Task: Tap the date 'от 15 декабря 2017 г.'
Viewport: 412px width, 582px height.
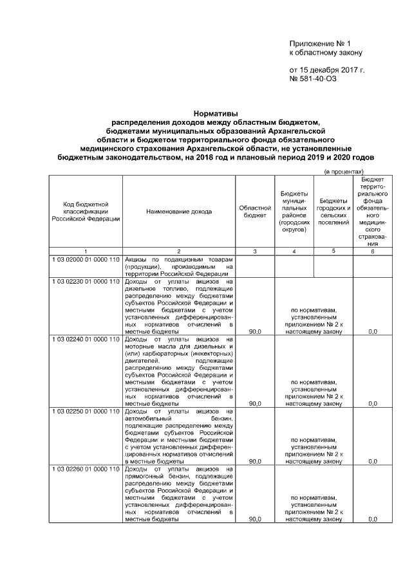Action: tap(326, 69)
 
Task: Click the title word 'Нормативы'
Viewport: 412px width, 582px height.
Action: tap(206, 112)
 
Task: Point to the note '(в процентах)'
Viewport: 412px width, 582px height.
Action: tap(344, 172)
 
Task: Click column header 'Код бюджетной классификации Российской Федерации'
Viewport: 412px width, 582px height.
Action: tap(86, 211)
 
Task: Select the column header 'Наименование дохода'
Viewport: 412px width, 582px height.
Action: tap(178, 211)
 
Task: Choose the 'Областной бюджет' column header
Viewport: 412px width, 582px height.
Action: tap(255, 211)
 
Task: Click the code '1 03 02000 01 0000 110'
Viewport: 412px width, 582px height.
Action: tap(86, 258)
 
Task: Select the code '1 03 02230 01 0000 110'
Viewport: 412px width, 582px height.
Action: tap(86, 282)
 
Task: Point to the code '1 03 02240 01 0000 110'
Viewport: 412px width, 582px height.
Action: tap(86, 339)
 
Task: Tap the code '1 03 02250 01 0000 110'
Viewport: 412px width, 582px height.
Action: tap(86, 411)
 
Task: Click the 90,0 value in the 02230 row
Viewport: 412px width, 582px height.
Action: tap(255, 332)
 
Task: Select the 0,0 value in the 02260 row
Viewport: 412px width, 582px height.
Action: tap(372, 519)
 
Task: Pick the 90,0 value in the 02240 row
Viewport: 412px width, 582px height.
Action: tap(255, 404)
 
